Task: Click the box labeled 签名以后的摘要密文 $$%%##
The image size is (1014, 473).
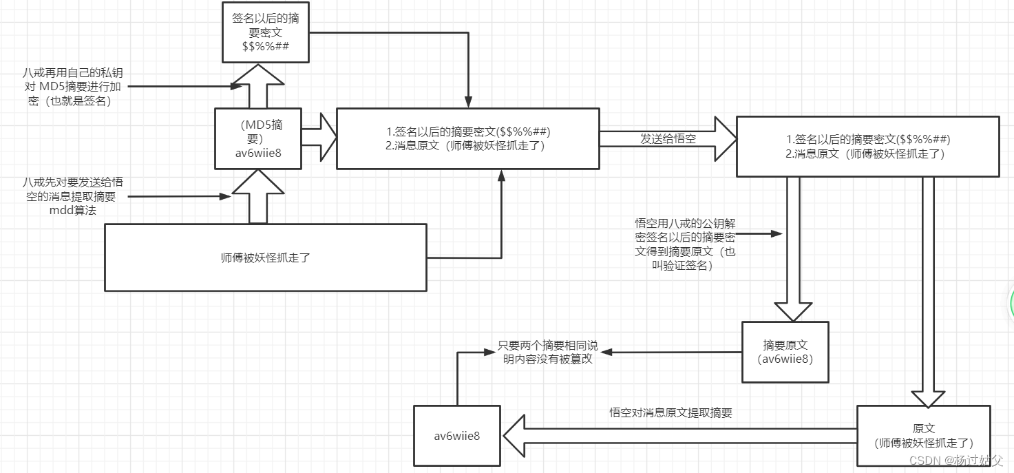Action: point(266,32)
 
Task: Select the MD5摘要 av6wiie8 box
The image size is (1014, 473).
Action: point(257,138)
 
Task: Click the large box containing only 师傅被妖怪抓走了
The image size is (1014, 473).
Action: point(266,257)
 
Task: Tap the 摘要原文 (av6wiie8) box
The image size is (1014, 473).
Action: point(785,351)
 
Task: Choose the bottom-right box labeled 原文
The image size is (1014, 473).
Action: point(923,436)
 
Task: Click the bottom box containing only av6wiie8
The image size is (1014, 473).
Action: point(457,436)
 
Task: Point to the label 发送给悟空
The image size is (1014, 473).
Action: point(668,138)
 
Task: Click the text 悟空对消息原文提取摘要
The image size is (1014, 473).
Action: point(670,413)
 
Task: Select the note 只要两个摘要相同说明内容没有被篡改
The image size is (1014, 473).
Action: point(548,352)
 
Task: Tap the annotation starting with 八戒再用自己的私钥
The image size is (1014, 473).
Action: point(74,86)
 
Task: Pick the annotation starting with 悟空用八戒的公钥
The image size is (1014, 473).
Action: point(684,244)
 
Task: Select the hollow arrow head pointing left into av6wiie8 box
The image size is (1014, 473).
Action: point(515,436)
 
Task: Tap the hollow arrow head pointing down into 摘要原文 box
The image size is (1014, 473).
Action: point(793,311)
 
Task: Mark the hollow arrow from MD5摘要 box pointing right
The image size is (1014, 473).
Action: point(320,138)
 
